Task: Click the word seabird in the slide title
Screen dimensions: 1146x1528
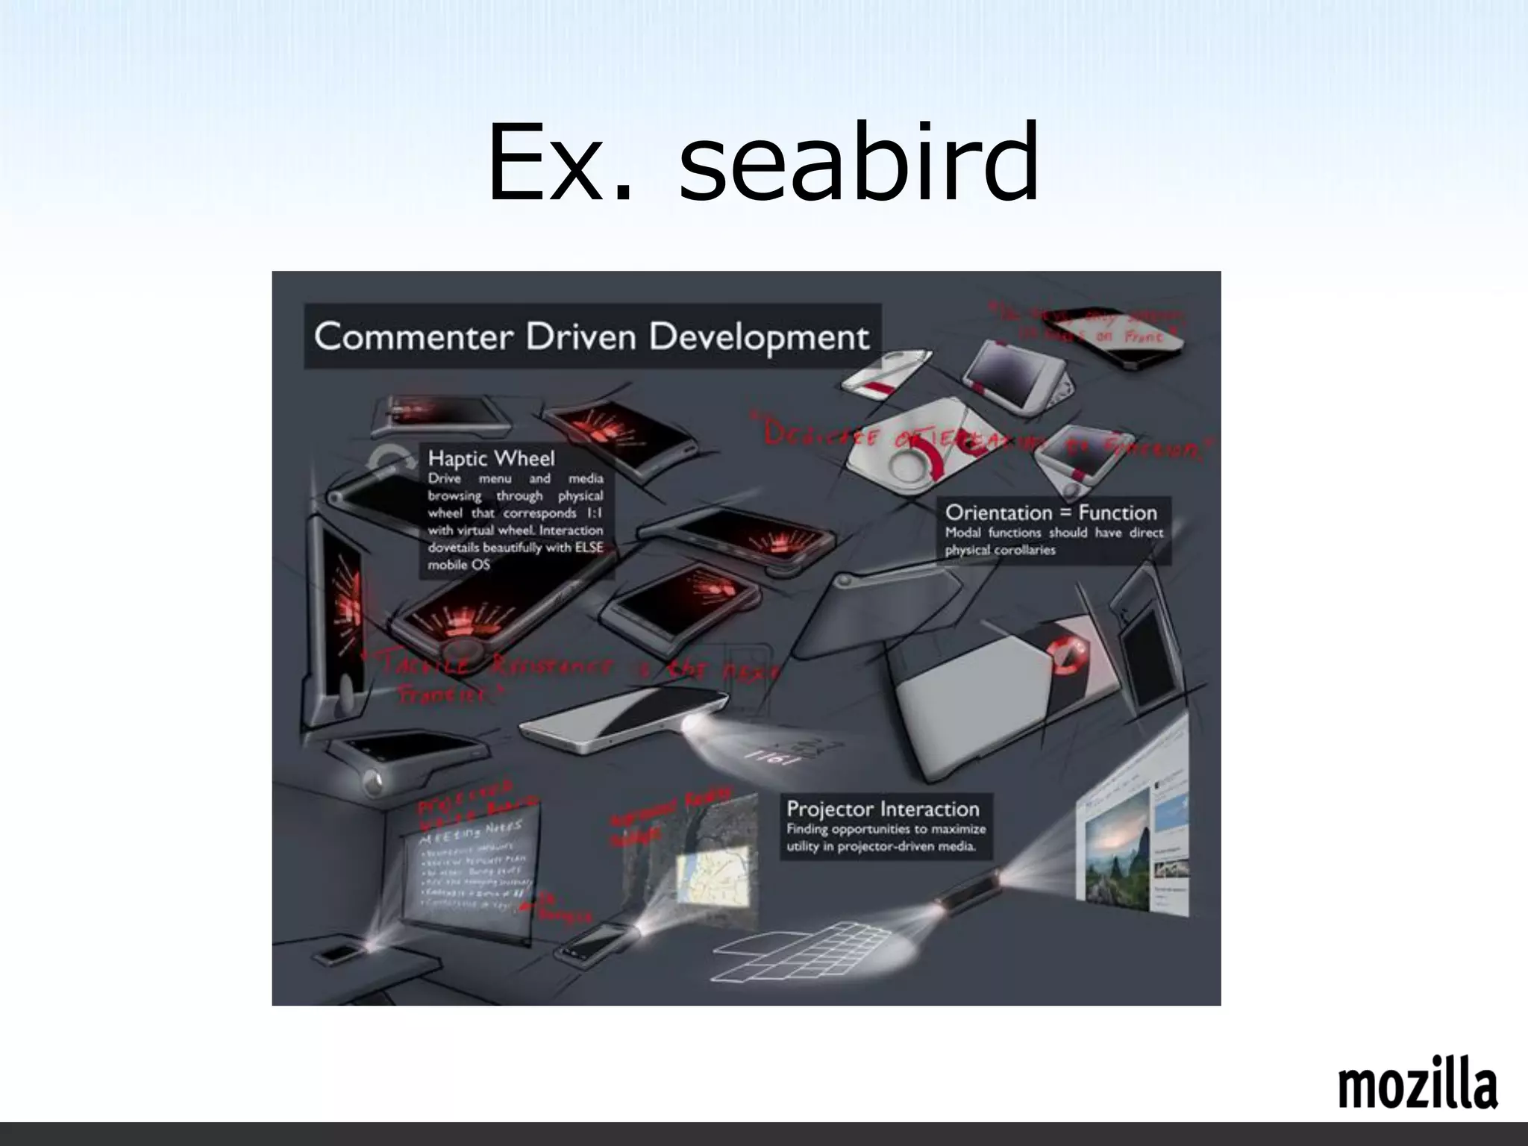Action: [x=859, y=163]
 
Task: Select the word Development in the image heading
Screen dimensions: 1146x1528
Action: [x=759, y=337]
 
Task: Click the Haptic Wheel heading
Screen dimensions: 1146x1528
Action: [x=491, y=457]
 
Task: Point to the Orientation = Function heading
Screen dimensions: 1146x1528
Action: [x=1050, y=513]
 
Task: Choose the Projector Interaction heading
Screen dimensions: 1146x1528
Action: [x=883, y=809]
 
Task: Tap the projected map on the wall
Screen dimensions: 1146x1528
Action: [x=713, y=878]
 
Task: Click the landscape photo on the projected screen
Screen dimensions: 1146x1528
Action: [x=1118, y=851]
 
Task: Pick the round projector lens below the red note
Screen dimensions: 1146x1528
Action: [x=374, y=780]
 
